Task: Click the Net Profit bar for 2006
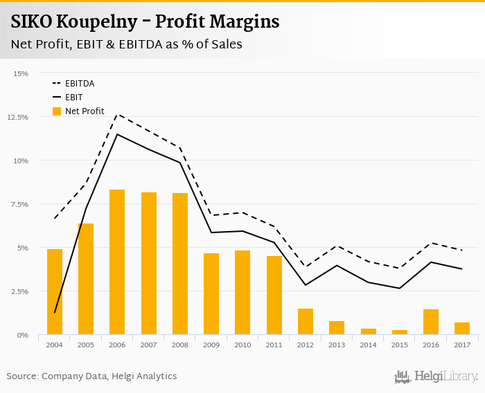[x=117, y=262]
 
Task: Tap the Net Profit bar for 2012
[x=306, y=322]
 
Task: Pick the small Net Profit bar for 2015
[x=400, y=333]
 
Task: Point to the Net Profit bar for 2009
[x=211, y=294]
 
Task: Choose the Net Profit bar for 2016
[x=431, y=322]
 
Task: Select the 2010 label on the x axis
[x=242, y=344]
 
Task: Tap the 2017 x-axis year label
[x=462, y=344]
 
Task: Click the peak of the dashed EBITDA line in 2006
[x=117, y=114]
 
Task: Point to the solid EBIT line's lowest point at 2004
[x=55, y=313]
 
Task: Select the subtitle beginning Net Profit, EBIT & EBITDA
[x=126, y=44]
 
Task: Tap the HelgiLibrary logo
[x=436, y=376]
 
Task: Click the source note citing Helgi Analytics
[x=91, y=376]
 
